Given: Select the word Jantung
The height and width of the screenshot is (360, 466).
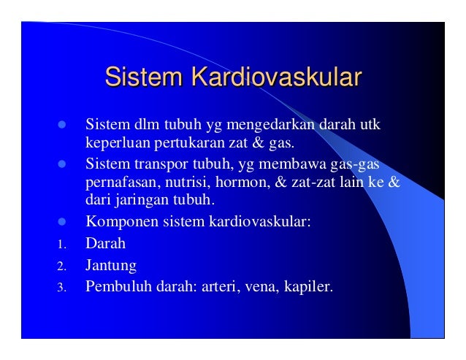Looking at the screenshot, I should click(x=111, y=264).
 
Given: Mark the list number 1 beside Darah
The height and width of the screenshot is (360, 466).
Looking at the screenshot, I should click(x=62, y=243).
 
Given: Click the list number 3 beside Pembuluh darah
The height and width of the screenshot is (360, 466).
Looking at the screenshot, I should click(x=62, y=287).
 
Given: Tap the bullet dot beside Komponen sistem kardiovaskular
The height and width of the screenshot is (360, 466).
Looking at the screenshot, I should click(x=62, y=219).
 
